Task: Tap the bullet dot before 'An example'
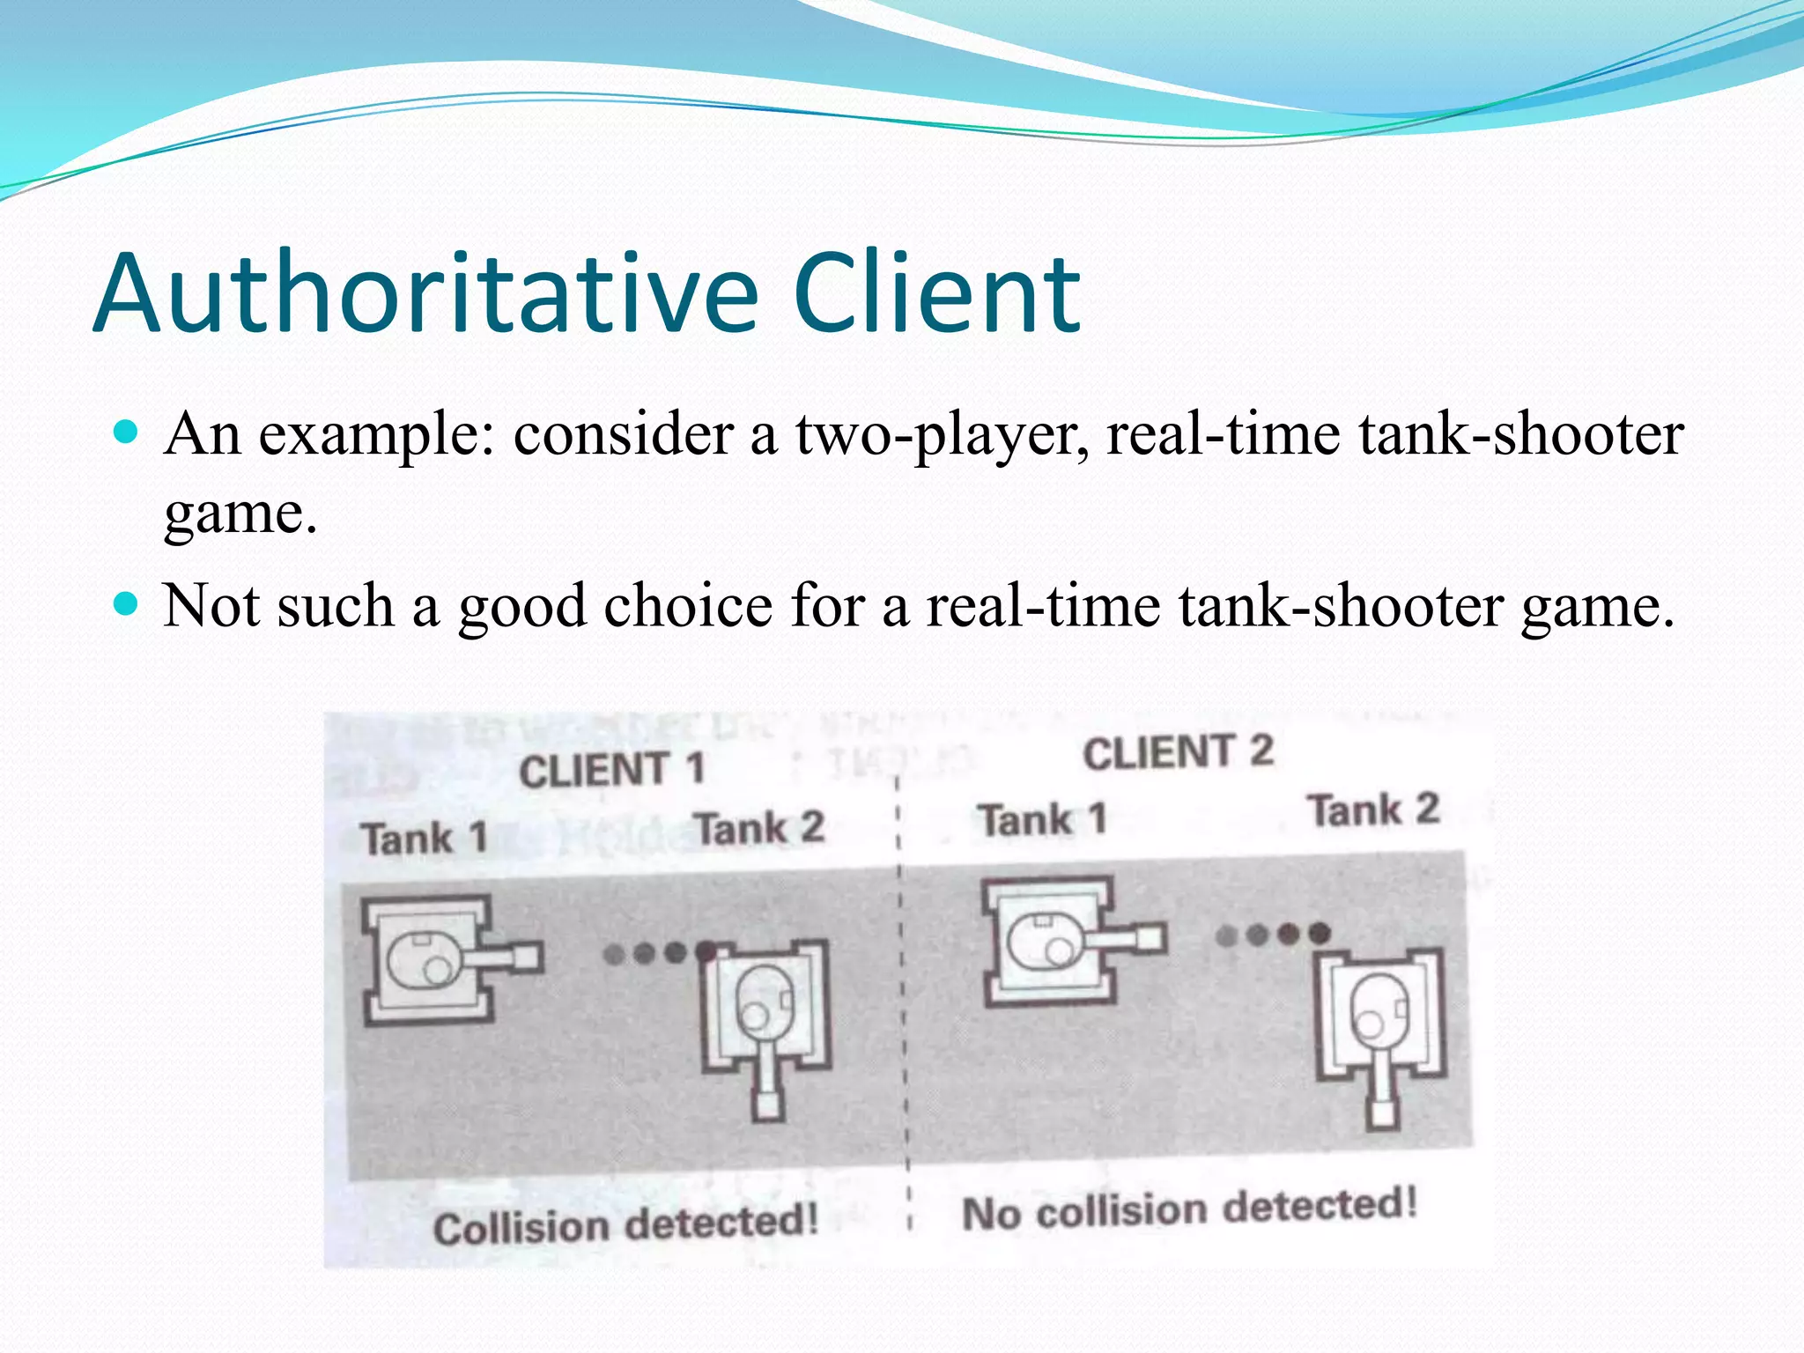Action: coord(128,432)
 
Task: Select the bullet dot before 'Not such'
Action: coord(128,604)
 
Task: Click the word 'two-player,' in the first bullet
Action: coord(942,435)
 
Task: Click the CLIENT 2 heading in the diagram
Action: coord(1178,752)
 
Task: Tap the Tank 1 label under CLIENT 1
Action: coord(424,837)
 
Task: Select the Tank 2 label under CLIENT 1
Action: coord(758,828)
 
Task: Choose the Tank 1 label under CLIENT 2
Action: coord(1043,820)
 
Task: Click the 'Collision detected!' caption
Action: coord(625,1225)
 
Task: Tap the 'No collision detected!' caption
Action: coord(1189,1209)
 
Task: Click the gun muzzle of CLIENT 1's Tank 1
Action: coord(527,957)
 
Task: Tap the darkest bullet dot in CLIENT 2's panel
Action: coord(1319,933)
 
